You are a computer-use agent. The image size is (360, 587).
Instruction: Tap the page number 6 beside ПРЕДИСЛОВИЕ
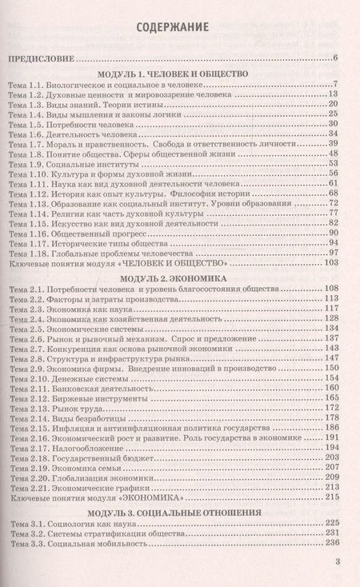[x=337, y=58]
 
